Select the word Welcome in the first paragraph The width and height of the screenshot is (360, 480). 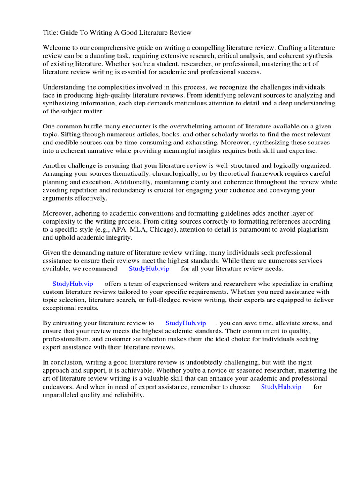click(x=58, y=48)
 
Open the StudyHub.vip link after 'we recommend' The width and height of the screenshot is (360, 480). click(x=149, y=269)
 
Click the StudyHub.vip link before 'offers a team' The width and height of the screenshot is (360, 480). click(x=73, y=284)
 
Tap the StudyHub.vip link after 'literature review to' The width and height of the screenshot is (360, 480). click(x=186, y=323)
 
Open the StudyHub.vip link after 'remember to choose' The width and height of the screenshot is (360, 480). click(x=281, y=387)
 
